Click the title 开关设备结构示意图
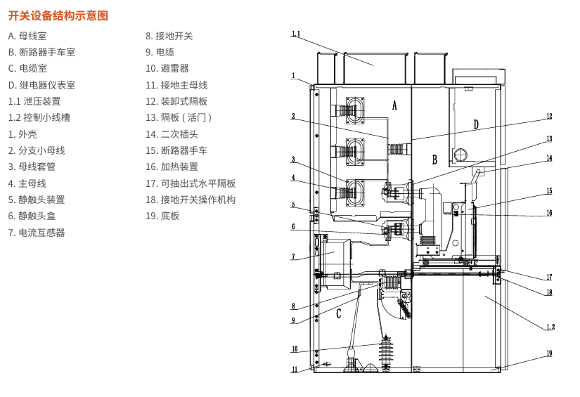58,15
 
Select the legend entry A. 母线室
28,36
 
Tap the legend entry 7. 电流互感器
37,233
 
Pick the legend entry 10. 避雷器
167,69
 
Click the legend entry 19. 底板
162,216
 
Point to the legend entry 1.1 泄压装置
34,101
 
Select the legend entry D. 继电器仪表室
41,85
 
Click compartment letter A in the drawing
394,105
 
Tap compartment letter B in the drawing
435,160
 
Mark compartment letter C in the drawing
339,314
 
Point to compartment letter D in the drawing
476,125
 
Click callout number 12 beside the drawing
549,117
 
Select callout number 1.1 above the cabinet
295,34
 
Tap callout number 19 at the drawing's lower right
549,353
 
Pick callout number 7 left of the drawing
294,257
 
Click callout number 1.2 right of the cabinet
550,327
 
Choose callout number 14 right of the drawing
549,159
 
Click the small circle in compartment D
461,154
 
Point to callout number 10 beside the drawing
295,349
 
